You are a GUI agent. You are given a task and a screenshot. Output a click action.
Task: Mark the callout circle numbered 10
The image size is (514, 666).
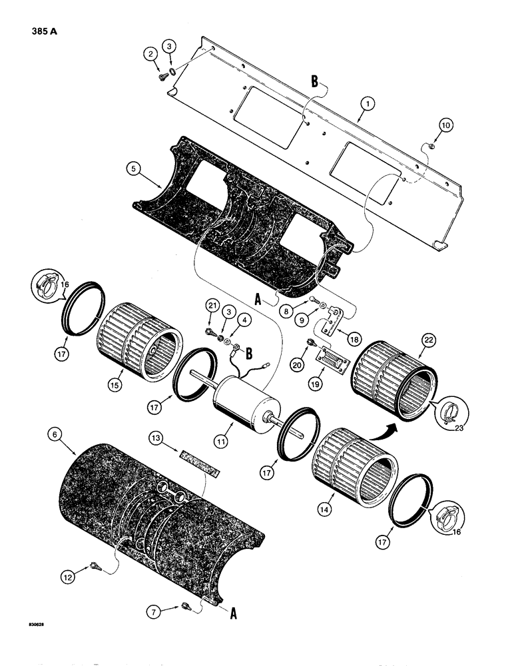click(x=445, y=125)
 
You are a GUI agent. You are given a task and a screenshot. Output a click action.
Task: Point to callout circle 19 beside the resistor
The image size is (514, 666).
click(x=326, y=384)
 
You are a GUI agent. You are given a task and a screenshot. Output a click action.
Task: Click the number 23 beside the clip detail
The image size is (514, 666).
click(x=461, y=429)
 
